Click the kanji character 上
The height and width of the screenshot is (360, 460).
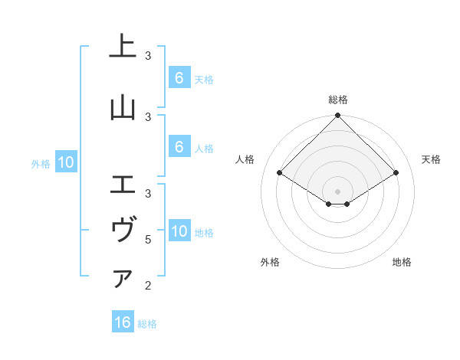tap(123, 47)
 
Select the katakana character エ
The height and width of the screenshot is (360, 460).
tap(123, 184)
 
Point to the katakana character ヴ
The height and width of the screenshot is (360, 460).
tap(123, 230)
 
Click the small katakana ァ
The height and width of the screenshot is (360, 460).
tap(123, 278)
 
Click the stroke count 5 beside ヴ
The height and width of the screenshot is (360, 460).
tap(148, 240)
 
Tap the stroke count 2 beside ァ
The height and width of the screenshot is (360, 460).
tap(148, 286)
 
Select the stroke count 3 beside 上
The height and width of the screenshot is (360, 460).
tap(148, 56)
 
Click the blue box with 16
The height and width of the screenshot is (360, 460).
tap(123, 322)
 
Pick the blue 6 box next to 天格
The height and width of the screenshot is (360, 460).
tap(179, 77)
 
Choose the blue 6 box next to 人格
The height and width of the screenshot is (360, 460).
tap(179, 147)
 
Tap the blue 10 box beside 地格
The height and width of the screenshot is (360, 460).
tap(179, 231)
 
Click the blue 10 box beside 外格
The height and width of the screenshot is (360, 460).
tap(65, 162)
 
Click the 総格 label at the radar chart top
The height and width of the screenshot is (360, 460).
tap(338, 100)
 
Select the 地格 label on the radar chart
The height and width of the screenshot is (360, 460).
tap(402, 262)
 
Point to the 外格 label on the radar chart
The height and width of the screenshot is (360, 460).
tap(270, 262)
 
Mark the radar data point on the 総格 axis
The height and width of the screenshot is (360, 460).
tap(338, 116)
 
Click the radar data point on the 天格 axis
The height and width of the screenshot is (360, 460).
tap(396, 173)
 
